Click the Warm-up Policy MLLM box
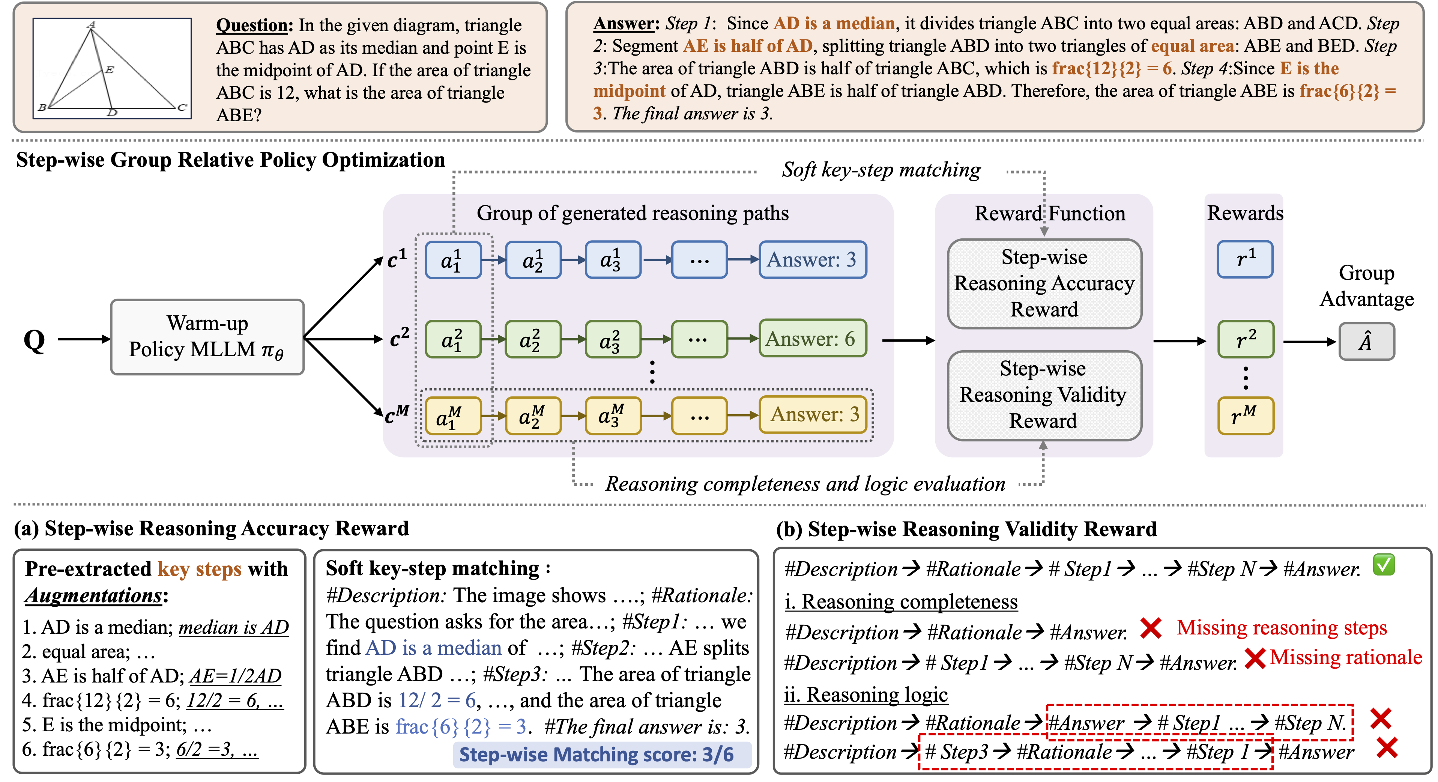coord(207,337)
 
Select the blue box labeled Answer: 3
coord(812,260)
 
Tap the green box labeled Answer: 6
coord(812,339)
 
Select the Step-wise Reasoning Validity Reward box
coord(1044,395)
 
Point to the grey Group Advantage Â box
coord(1366,341)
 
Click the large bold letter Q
coord(34,340)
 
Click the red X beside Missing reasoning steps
coord(1151,628)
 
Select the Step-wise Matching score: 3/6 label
coord(596,755)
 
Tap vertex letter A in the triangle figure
coord(92,24)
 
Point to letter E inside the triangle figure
coord(110,70)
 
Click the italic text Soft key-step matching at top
coord(881,170)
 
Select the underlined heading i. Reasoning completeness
coord(900,602)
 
